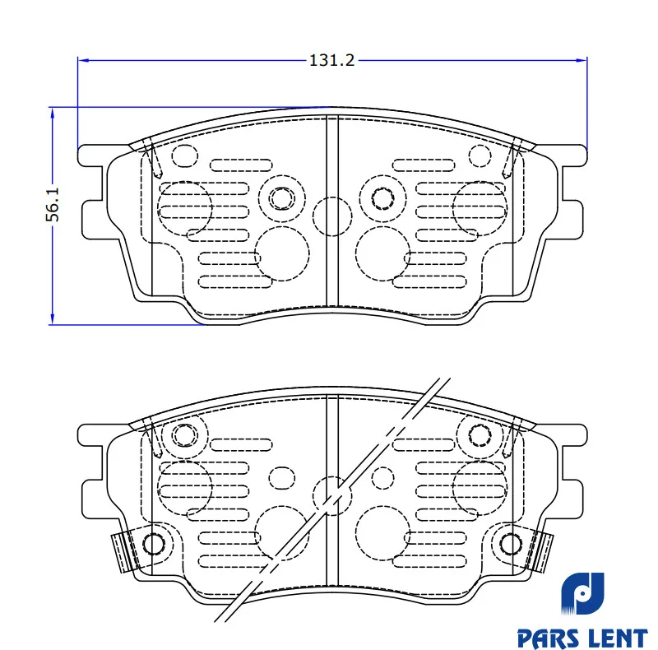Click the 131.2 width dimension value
pos(331,60)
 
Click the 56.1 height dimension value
pos(53,205)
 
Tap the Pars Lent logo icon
pos(582,593)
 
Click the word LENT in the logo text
pos(618,638)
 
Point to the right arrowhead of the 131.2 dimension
pos(582,60)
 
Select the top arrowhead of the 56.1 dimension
pos(53,113)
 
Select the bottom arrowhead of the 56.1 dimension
pos(53,318)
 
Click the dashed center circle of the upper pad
pos(332,216)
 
